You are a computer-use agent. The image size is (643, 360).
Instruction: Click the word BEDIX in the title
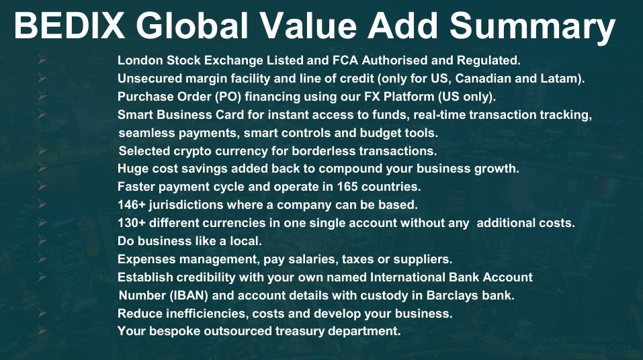tap(69, 25)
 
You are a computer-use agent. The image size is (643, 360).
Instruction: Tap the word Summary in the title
tap(532, 28)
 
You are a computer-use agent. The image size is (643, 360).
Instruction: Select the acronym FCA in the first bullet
tap(345, 60)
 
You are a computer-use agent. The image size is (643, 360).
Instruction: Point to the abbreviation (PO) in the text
tap(228, 97)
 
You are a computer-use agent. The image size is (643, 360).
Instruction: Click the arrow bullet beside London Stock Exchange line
tap(42, 60)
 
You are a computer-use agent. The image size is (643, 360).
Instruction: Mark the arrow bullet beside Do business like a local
tap(42, 240)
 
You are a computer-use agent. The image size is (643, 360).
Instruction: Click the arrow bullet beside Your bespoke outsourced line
tap(42, 330)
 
